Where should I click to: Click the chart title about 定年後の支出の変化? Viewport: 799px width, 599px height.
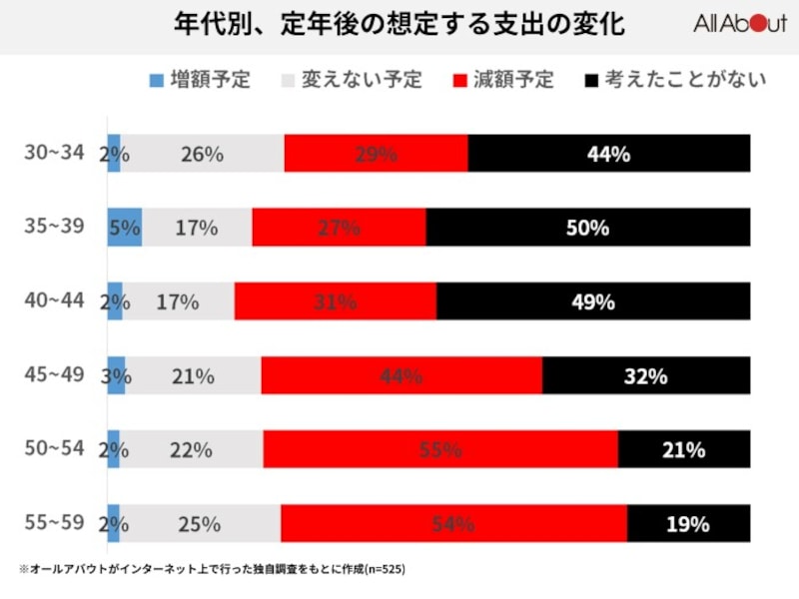pos(399,25)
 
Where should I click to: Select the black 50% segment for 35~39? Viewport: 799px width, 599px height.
pos(587,228)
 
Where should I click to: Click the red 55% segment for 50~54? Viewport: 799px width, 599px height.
pos(440,449)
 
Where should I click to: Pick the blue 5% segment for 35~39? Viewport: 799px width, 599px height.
pos(125,228)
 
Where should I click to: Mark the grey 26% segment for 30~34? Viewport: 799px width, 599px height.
pos(202,154)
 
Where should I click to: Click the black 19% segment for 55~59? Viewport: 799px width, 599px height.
pos(688,523)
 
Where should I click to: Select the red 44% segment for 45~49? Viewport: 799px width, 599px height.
pos(401,375)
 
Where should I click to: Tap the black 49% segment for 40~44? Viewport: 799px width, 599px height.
pos(592,301)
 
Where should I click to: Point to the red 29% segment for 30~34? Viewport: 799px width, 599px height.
pos(376,154)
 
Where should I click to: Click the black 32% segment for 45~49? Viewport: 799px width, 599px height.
pos(645,375)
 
